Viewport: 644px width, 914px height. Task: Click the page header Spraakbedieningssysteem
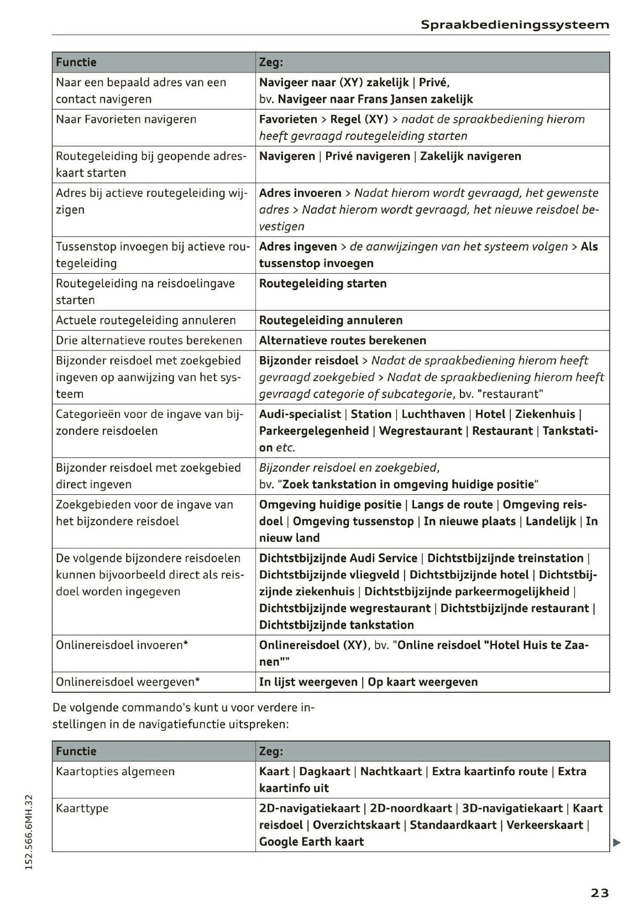point(515,25)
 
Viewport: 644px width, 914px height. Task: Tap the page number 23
point(599,892)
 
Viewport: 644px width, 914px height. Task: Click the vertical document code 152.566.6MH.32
point(30,832)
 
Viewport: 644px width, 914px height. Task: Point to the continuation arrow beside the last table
point(617,843)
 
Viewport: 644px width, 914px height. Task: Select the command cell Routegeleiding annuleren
point(331,320)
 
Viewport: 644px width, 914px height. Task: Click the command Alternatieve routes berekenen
point(342,340)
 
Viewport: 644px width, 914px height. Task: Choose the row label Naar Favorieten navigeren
point(126,119)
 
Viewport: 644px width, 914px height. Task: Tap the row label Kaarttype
point(82,808)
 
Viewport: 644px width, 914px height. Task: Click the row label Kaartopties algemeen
point(115,771)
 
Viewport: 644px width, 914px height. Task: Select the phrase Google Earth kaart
point(311,842)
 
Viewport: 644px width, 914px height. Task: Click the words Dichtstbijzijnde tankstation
point(336,625)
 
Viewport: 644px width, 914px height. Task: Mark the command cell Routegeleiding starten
point(323,283)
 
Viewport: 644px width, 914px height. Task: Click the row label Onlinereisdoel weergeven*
point(128,682)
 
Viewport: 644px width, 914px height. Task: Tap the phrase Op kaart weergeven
point(422,682)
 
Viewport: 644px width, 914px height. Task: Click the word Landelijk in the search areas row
point(550,521)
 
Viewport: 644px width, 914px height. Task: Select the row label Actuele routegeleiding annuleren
point(145,320)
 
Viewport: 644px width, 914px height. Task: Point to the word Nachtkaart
point(390,771)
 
